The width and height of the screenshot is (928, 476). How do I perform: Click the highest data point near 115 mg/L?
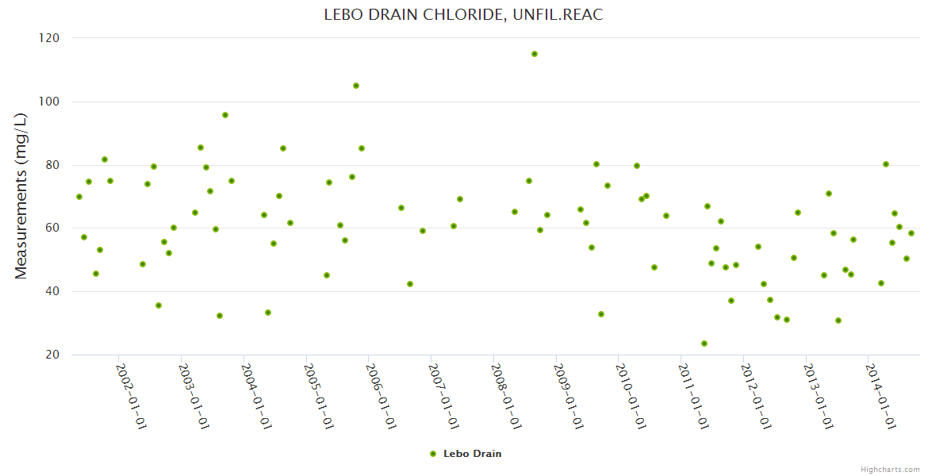point(535,54)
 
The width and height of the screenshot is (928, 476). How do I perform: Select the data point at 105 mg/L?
point(356,86)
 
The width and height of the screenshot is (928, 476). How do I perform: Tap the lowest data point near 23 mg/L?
point(704,344)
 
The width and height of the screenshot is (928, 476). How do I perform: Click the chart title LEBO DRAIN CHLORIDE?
point(463,15)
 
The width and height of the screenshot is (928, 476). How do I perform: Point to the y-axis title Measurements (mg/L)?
point(21,196)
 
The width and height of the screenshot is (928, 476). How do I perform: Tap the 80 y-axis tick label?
point(52,165)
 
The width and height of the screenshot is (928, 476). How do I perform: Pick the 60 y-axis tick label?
point(52,228)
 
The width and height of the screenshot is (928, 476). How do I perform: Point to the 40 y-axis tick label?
point(52,292)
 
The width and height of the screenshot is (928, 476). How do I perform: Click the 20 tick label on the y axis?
point(52,355)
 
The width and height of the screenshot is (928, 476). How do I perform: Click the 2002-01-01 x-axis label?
point(132,396)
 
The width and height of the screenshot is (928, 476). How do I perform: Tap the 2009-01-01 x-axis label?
point(569,396)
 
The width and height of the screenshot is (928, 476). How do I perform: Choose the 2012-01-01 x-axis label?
point(756,396)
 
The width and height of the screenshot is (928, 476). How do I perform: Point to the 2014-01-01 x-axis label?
point(880,396)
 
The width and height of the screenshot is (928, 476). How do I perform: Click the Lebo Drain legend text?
point(472,454)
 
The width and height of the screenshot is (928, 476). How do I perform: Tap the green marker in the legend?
point(433,454)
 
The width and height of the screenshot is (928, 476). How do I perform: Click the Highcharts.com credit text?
point(890,469)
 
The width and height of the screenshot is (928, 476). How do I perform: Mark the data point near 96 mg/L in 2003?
point(225,115)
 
